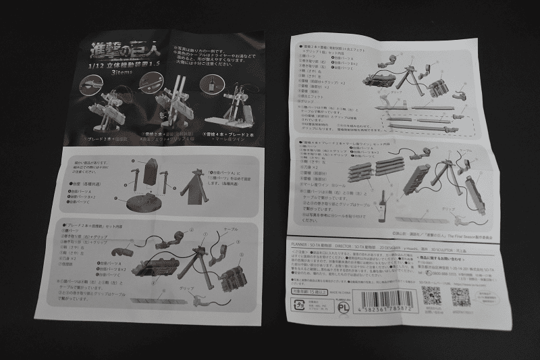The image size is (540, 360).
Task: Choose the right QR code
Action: coord(460,297)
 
